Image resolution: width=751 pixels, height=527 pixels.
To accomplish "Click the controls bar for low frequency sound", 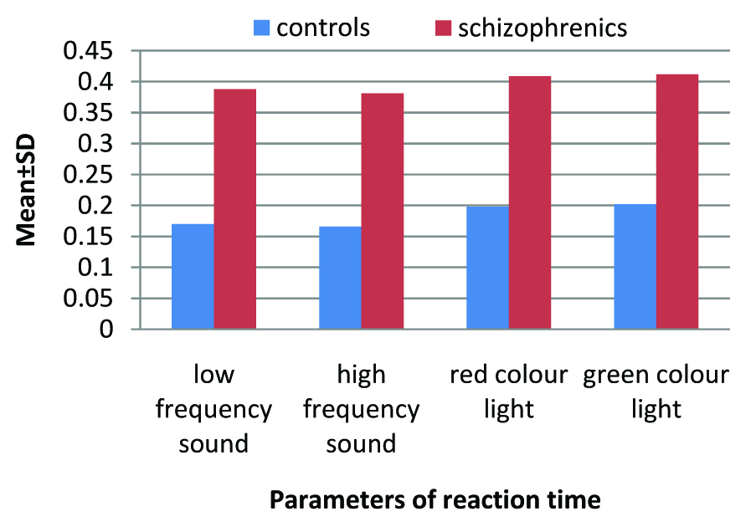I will (193, 276).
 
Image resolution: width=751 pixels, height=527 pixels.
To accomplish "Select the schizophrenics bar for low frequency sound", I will (235, 209).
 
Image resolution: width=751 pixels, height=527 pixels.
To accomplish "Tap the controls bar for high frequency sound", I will (340, 278).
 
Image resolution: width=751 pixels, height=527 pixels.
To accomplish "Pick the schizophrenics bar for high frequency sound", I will (383, 211).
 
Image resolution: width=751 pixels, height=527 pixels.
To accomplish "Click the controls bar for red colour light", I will (487, 268).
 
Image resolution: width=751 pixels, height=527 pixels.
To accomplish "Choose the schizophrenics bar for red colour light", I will (530, 202).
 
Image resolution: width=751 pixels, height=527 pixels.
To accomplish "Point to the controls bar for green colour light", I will (635, 266).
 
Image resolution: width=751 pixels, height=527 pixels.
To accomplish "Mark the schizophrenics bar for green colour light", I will (677, 202).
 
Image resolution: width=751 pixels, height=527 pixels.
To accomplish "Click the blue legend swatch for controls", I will (262, 28).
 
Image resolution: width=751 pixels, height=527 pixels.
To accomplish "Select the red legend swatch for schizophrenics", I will (443, 28).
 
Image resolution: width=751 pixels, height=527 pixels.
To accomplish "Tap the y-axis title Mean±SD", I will (28, 190).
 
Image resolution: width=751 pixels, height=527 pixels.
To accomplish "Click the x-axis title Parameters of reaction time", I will (435, 500).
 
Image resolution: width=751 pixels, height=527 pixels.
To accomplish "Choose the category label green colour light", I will (656, 392).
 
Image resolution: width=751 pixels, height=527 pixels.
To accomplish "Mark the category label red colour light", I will (508, 392).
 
